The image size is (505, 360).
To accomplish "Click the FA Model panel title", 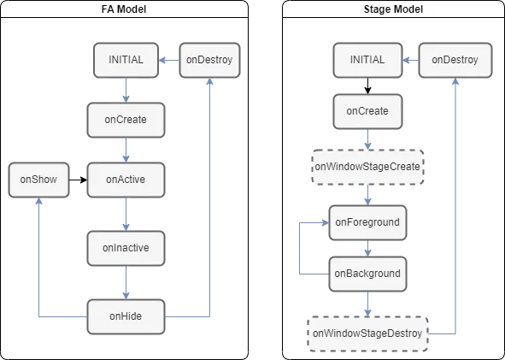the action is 124,9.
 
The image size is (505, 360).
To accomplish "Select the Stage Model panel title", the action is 393,9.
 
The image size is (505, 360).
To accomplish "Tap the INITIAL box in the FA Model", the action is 126,60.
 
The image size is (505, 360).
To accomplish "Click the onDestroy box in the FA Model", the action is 209,60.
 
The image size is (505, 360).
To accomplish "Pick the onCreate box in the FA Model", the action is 126,120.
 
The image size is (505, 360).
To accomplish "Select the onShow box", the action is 38,180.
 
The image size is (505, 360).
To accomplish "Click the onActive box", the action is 126,180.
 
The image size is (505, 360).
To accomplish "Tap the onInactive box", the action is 126,248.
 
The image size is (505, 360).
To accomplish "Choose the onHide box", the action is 126,316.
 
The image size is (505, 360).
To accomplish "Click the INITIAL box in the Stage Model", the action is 367,60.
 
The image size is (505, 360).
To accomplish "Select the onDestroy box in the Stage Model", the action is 455,60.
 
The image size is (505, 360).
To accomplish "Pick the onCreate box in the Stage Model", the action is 367,111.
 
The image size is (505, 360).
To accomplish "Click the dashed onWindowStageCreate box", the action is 367,167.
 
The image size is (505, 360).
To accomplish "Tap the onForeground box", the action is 367,222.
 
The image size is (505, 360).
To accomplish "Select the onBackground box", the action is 367,274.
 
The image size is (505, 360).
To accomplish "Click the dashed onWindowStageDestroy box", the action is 367,333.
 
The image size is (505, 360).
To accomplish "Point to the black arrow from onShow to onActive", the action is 79,180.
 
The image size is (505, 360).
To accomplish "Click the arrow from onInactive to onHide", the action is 126,283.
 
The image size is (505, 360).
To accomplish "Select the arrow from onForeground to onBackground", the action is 367,249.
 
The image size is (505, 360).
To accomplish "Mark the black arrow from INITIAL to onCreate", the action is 367,86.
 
